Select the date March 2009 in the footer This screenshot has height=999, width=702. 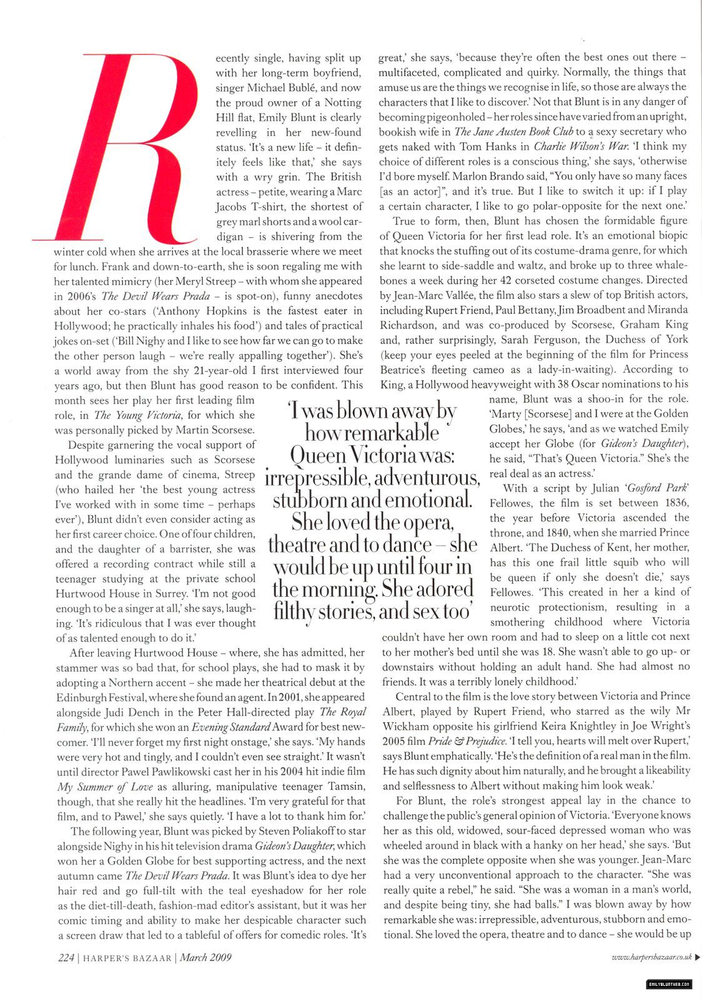coord(205,957)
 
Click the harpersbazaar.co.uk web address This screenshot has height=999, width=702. coord(651,957)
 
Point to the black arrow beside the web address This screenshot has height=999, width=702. coord(697,957)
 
